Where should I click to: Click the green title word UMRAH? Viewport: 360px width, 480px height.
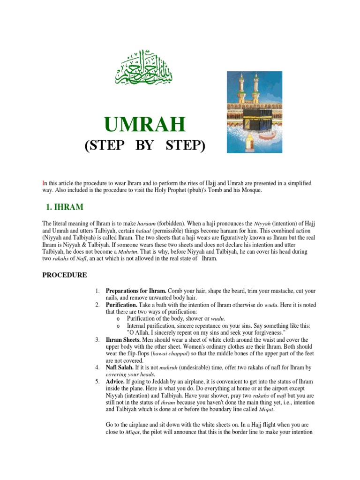pyautogui.click(x=145, y=125)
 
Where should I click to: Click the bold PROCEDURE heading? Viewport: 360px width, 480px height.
pyautogui.click(x=64, y=275)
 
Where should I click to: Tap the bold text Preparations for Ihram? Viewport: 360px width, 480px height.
pyautogui.click(x=135, y=291)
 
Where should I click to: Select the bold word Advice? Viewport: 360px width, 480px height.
pyautogui.click(x=117, y=382)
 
